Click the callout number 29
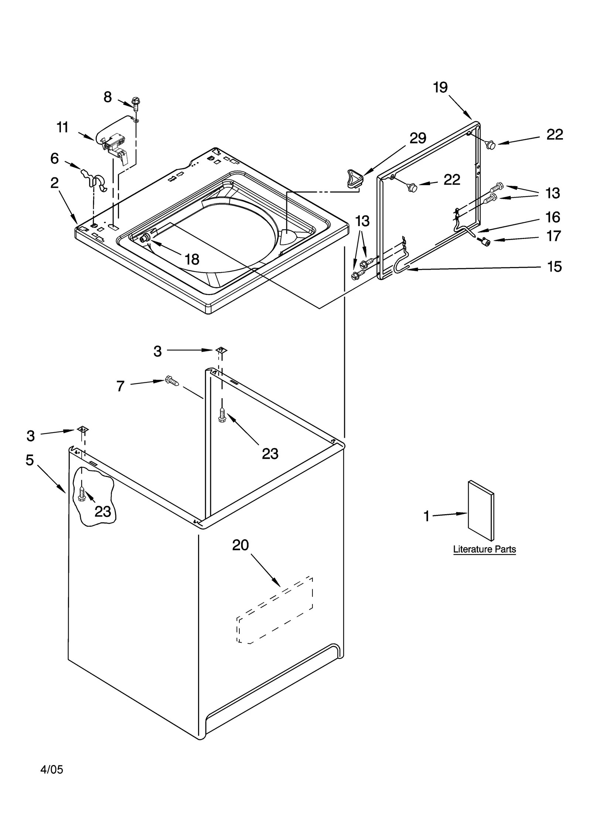pos(418,138)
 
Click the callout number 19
pos(440,88)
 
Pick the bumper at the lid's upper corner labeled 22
pos(491,145)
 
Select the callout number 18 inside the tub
pos(192,259)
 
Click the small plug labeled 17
pos(486,242)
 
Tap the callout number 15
pos(554,266)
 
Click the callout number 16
pos(553,217)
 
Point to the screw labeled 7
pos(172,381)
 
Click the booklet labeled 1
pos(480,510)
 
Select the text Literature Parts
pos(484,549)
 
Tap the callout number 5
pos(30,460)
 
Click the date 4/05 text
pos(52,769)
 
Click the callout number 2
pos(54,182)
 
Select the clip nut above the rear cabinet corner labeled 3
pos(221,349)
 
